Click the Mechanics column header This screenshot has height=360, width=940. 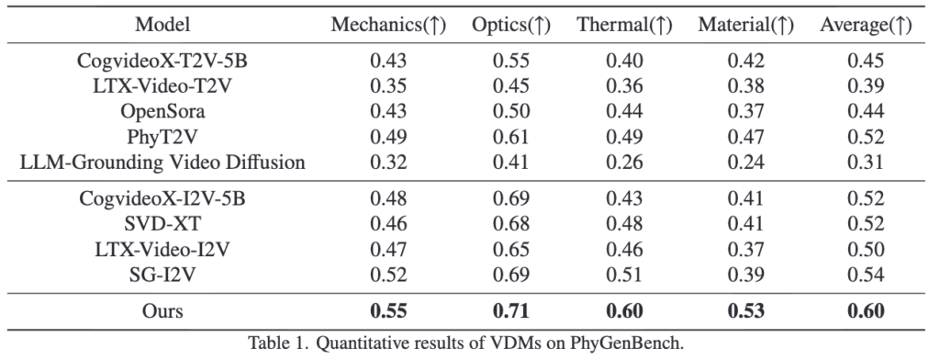pyautogui.click(x=388, y=25)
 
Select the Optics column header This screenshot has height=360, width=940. pyautogui.click(x=510, y=25)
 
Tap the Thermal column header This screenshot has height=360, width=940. pyautogui.click(x=624, y=25)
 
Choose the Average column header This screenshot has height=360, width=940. pyautogui.click(x=866, y=25)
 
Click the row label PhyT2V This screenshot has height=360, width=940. pyautogui.click(x=162, y=138)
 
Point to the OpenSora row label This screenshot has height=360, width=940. pyautogui.click(x=162, y=112)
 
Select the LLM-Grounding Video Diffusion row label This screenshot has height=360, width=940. pyautogui.click(x=162, y=163)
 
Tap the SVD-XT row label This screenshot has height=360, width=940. pyautogui.click(x=162, y=224)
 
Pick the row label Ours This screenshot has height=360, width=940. pyautogui.click(x=162, y=311)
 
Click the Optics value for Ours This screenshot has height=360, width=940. pyautogui.click(x=510, y=311)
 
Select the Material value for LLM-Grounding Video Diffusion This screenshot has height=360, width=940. pyautogui.click(x=745, y=163)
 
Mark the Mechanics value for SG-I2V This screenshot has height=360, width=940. pyautogui.click(x=388, y=275)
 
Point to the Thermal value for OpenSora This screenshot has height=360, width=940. pyautogui.click(x=624, y=112)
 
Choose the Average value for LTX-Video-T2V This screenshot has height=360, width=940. pyautogui.click(x=866, y=85)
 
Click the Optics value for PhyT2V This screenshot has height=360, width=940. pyautogui.click(x=510, y=138)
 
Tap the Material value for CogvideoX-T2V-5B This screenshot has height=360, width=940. pyautogui.click(x=745, y=61)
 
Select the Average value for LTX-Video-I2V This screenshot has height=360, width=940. pyautogui.click(x=866, y=249)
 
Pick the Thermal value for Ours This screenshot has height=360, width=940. pyautogui.click(x=624, y=311)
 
